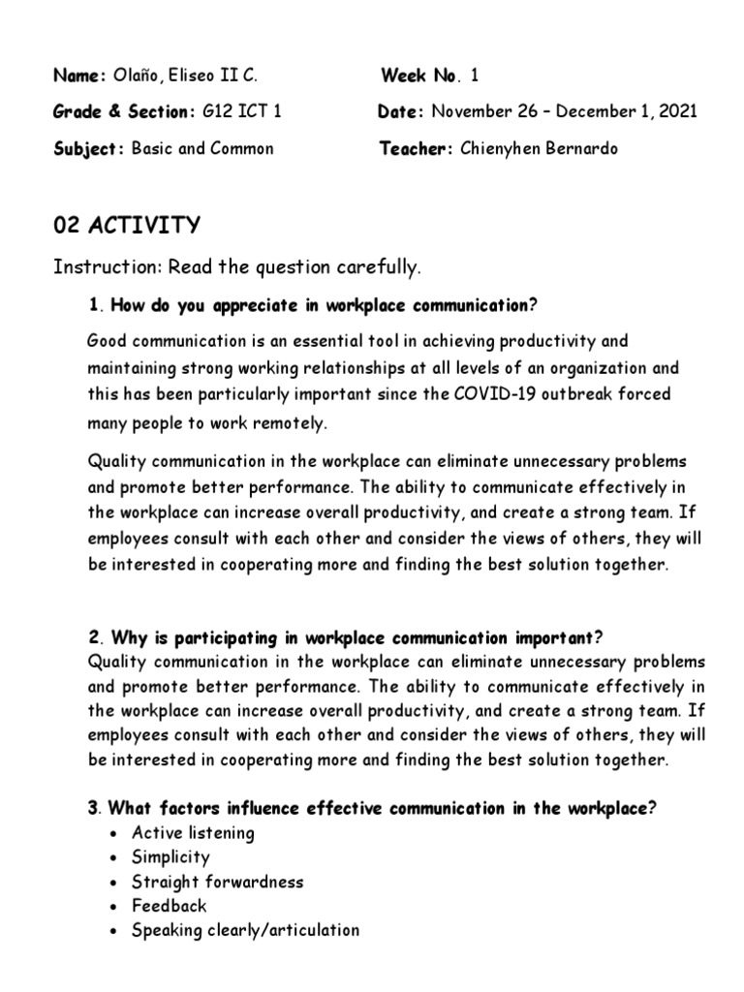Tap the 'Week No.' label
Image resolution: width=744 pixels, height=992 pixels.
[x=419, y=76]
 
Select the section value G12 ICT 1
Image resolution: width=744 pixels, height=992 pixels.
[x=241, y=111]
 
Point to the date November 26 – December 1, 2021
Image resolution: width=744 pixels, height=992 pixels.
[x=564, y=111]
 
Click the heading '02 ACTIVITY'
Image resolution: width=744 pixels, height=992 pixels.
[x=127, y=226]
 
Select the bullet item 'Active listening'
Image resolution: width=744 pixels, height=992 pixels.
[x=193, y=833]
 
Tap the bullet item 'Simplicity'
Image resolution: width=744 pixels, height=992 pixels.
[x=170, y=857]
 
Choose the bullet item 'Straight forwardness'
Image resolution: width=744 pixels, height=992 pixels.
[x=218, y=882]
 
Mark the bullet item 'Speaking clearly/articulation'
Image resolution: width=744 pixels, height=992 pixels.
[x=245, y=930]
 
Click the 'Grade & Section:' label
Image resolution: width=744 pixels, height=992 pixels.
[x=123, y=111]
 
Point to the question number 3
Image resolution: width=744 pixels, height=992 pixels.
[x=93, y=809]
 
